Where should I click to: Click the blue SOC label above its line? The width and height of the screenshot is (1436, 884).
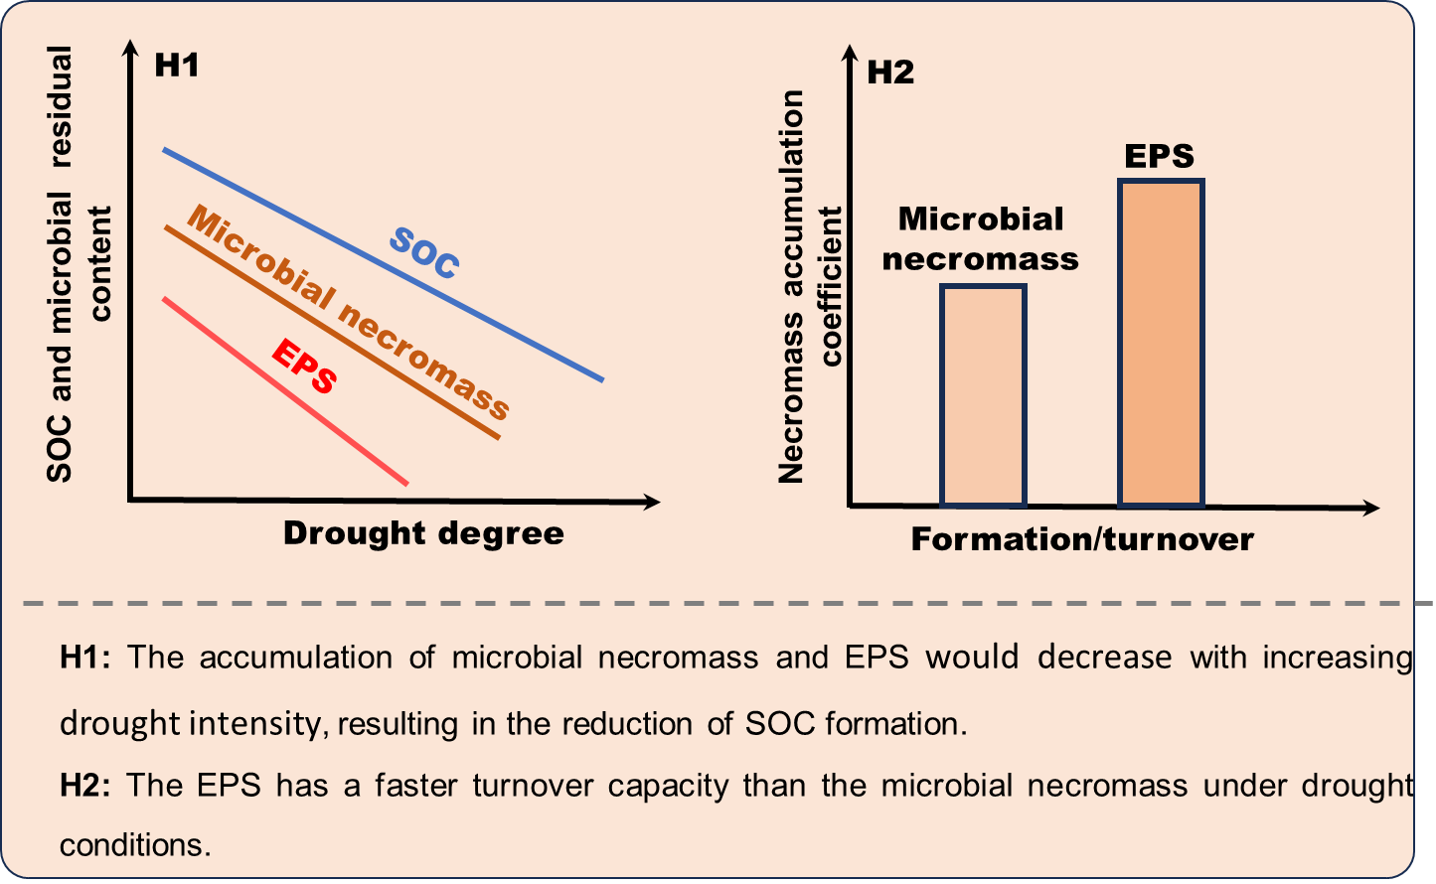424,253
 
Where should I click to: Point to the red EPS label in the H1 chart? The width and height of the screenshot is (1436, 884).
304,367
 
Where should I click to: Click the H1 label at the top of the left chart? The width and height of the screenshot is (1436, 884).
177,67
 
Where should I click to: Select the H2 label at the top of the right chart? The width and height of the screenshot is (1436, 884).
890,73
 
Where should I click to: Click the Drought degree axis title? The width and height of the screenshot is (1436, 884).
423,533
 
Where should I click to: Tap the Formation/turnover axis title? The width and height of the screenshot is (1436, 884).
1082,539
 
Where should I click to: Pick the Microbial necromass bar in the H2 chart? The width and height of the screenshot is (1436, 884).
983,396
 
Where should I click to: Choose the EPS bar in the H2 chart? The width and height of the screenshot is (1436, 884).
1161,343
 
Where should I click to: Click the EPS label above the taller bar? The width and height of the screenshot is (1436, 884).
1160,156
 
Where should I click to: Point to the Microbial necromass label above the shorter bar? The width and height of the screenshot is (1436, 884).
980,238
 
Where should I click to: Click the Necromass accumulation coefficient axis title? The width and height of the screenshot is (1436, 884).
810,286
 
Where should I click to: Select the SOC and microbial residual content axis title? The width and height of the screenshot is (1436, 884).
80,264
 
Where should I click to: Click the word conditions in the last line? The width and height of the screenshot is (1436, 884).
135,845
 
